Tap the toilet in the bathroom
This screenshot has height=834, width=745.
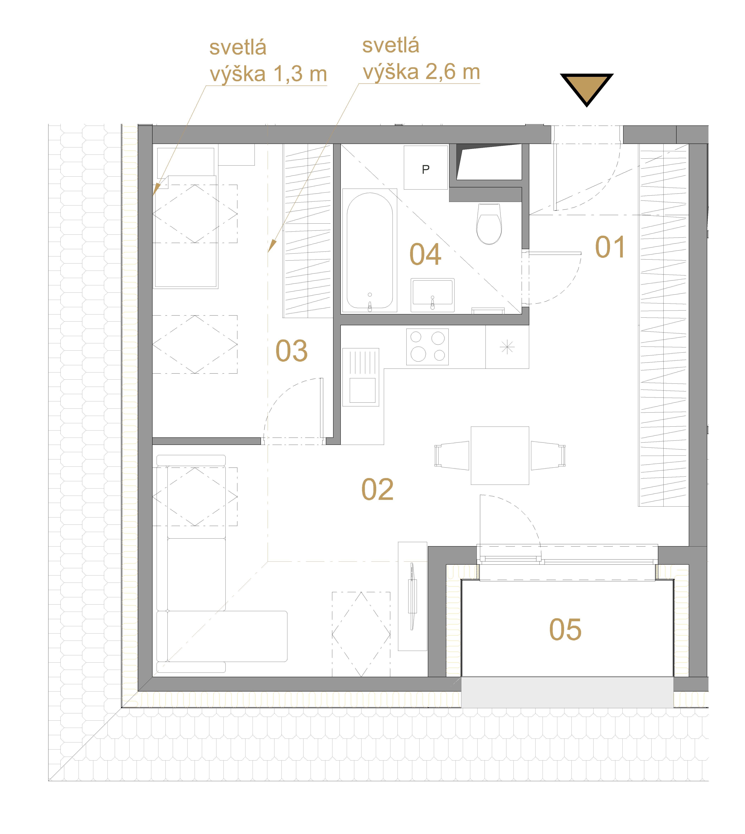489,224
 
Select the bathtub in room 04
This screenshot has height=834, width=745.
370,250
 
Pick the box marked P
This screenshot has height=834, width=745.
426,168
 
